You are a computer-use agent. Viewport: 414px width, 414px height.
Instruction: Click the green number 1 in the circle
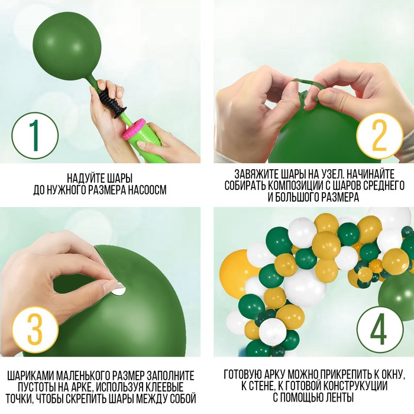34,135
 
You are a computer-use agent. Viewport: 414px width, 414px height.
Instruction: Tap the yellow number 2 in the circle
379,135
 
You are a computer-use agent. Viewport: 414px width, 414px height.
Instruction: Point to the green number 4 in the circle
379,329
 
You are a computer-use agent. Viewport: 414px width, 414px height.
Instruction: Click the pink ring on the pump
134,128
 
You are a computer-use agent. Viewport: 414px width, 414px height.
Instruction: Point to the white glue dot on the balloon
118,289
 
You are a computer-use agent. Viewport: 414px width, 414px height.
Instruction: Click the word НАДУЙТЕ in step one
84,178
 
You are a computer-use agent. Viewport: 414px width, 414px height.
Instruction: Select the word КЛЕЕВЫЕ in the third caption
163,387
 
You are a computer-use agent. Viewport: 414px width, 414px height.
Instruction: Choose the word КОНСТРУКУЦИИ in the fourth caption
354,386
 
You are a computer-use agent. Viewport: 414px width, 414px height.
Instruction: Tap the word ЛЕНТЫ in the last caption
341,397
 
